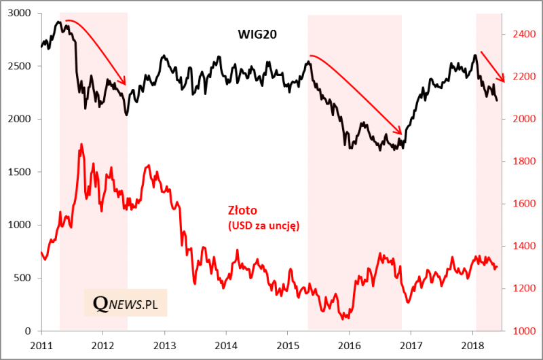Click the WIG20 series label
256,33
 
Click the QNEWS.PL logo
126,302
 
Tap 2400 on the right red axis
521,33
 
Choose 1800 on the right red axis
521,162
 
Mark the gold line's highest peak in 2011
81,144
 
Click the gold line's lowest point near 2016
347,317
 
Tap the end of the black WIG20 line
497,101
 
